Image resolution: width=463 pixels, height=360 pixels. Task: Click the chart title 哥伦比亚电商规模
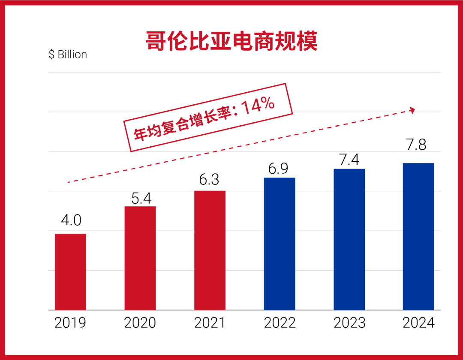[231, 41]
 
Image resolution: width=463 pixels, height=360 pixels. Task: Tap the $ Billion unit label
[68, 54]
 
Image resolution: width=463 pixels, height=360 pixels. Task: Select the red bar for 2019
[70, 272]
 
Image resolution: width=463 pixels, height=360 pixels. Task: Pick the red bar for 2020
[140, 258]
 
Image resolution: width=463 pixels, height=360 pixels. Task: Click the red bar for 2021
[210, 250]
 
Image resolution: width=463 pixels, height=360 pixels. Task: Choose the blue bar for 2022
[280, 243]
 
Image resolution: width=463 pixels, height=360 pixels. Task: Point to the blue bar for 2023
[349, 239]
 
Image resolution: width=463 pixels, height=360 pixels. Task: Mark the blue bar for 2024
[418, 236]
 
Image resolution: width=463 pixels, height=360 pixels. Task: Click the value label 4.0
[71, 221]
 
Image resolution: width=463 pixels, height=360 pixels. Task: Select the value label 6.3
[210, 178]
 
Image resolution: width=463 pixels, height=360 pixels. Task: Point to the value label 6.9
[280, 168]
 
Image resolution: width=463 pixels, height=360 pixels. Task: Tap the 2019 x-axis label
[70, 323]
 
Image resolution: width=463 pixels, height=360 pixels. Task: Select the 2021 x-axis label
[210, 323]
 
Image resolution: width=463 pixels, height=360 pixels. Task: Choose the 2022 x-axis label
[280, 323]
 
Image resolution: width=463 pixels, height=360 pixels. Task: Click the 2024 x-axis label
[418, 323]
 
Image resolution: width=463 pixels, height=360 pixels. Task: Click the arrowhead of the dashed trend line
[412, 110]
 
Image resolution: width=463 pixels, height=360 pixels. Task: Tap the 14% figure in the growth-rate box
[259, 107]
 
